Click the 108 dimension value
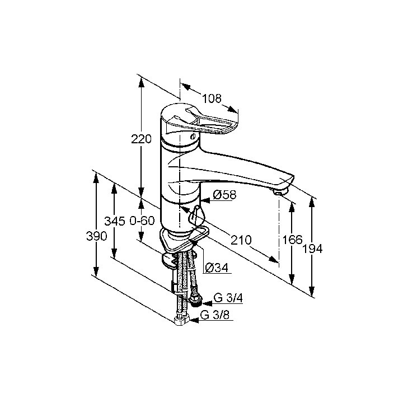[x=212, y=99]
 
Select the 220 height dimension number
[x=141, y=139]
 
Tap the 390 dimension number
[x=96, y=236]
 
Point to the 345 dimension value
[x=115, y=221]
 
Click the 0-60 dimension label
[x=142, y=221]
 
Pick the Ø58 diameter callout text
[x=224, y=195]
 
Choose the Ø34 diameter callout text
[x=217, y=268]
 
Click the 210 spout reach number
[x=241, y=240]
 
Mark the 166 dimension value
[x=293, y=240]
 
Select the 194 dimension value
[x=312, y=249]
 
